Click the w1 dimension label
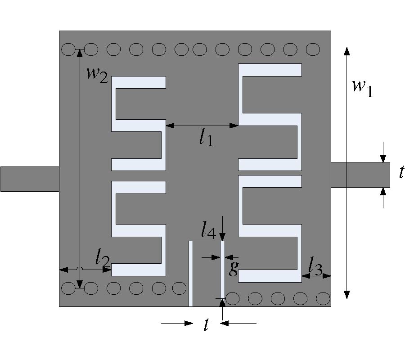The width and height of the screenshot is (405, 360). click(363, 88)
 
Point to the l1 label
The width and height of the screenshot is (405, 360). click(206, 138)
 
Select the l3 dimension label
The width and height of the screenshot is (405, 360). click(315, 266)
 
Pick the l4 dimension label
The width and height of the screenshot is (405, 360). click(208, 230)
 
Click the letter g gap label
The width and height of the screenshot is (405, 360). click(234, 268)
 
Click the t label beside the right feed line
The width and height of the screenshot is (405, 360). click(401, 172)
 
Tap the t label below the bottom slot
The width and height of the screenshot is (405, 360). click(206, 324)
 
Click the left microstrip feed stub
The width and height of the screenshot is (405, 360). click(30, 179)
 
